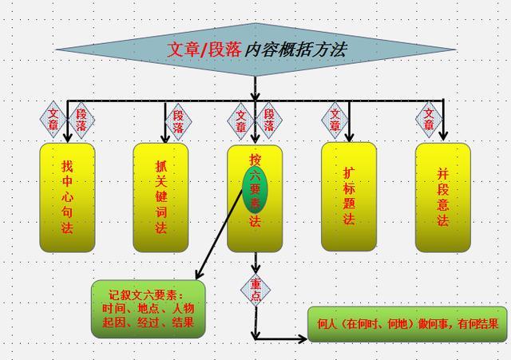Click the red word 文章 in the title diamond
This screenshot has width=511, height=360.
[x=182, y=49]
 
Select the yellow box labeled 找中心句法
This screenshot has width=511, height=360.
[x=67, y=196]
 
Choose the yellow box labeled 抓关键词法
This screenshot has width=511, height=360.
[x=161, y=196]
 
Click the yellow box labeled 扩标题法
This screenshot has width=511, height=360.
[x=349, y=196]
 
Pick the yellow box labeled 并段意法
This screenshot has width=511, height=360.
[x=442, y=196]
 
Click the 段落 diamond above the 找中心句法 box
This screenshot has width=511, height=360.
[x=81, y=120]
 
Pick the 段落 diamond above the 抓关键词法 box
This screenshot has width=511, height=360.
[x=178, y=120]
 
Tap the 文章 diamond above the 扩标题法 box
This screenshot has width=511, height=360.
[x=335, y=120]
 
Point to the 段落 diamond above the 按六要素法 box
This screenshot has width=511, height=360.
[x=269, y=120]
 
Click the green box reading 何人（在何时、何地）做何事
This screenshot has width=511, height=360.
[x=407, y=324]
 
